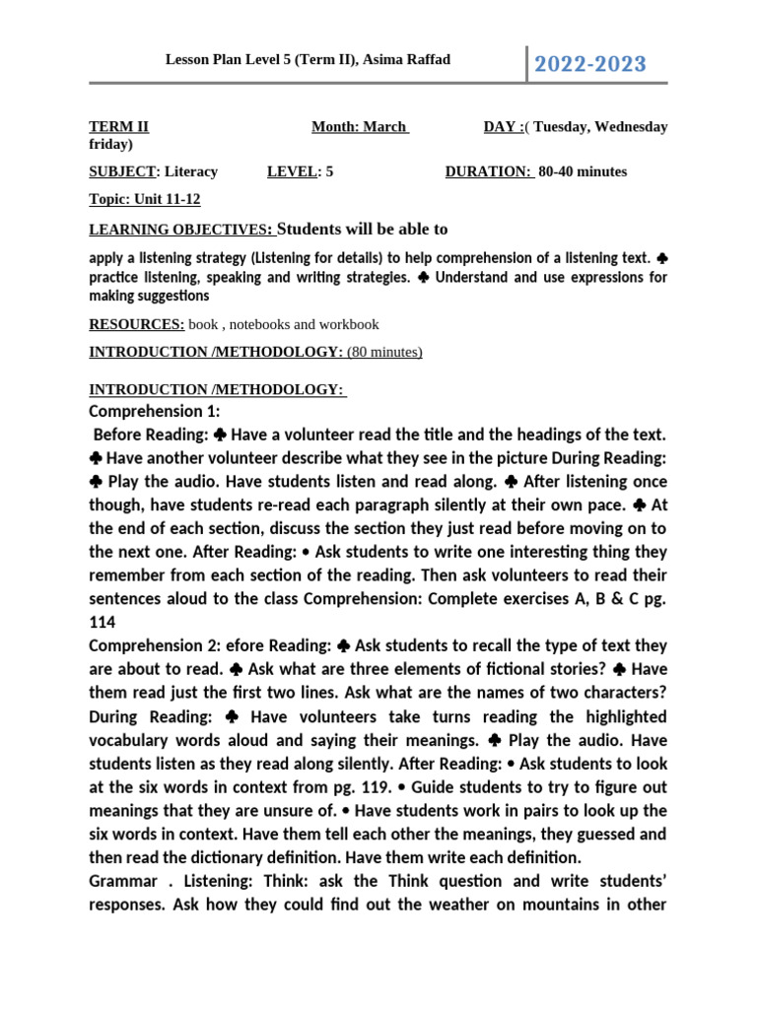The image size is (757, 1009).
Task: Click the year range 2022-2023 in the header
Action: pos(590,65)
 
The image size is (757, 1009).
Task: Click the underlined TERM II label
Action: pos(119,127)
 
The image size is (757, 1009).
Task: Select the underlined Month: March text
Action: pos(360,127)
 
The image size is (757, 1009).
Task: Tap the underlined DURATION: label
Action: pos(489,171)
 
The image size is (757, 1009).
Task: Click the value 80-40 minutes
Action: pos(583,171)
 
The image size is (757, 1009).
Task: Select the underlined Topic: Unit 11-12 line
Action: pos(145,199)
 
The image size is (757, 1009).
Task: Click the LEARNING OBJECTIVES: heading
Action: pos(181,230)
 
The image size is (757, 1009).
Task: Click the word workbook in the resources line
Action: pos(349,324)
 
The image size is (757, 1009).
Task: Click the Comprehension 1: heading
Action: pos(155,411)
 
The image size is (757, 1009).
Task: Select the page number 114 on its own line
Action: pos(103,623)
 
